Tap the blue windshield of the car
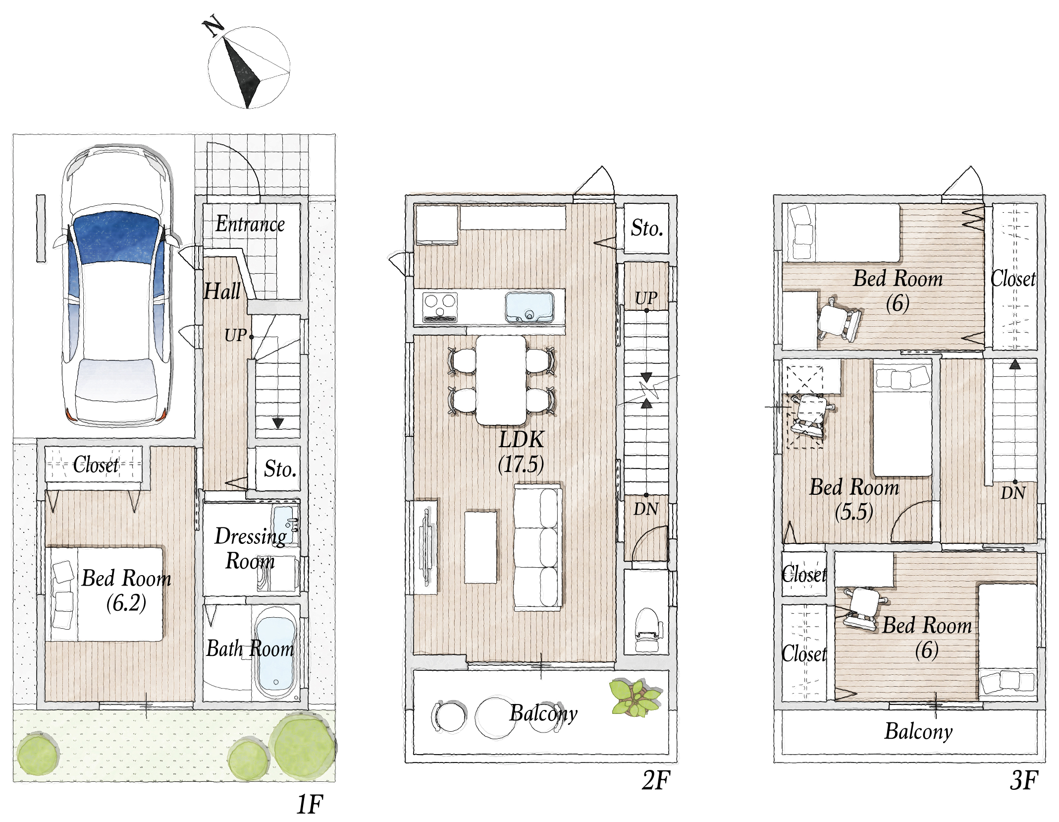(x=117, y=238)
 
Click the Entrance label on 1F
(x=250, y=225)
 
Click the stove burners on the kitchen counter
(x=440, y=307)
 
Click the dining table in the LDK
(x=501, y=380)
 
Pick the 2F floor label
(x=655, y=780)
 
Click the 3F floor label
(x=1023, y=780)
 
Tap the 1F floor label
(x=310, y=804)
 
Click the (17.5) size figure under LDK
(x=521, y=465)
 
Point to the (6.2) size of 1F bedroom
(x=126, y=603)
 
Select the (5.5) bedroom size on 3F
(x=854, y=512)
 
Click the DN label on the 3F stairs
(x=1013, y=493)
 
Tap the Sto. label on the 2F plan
(x=647, y=228)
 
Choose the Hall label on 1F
(x=222, y=291)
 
